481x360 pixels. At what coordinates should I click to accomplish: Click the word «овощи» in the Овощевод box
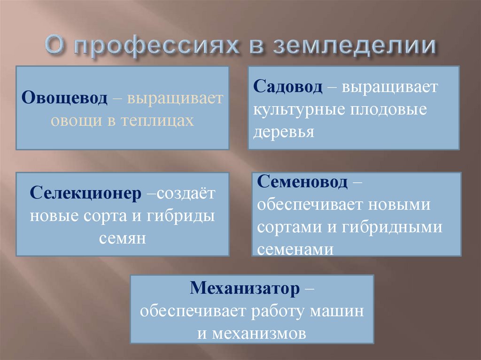point(73,121)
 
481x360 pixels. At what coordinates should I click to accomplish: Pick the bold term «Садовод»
point(288,87)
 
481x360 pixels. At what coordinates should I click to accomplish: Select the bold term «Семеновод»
point(303,182)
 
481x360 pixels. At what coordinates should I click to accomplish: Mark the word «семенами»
point(296,249)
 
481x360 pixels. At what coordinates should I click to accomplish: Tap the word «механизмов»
point(259,333)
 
